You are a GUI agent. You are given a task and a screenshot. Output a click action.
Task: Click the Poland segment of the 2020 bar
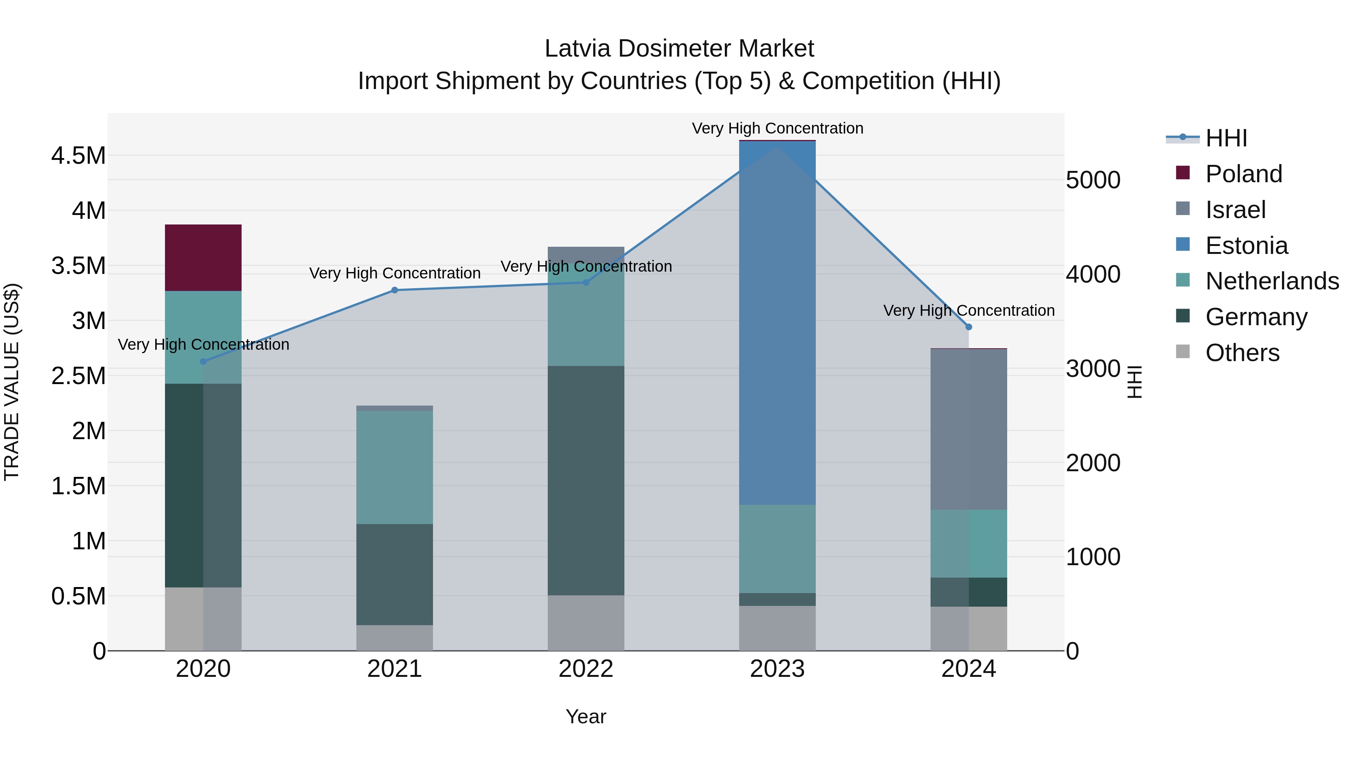click(203, 257)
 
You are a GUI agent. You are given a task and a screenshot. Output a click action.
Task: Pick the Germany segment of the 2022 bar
click(586, 480)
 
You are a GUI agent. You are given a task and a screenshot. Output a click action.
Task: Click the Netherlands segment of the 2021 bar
click(394, 467)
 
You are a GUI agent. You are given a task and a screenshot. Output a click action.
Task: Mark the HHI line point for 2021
click(394, 290)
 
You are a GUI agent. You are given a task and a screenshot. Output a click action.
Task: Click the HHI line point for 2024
click(969, 327)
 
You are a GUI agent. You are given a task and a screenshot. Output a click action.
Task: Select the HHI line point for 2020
click(203, 362)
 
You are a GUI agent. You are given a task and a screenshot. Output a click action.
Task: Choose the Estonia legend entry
click(1246, 246)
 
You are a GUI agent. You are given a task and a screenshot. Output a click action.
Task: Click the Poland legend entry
click(1243, 174)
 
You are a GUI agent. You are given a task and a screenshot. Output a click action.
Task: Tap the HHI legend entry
click(1226, 138)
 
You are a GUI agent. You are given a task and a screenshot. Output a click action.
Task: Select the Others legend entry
click(1242, 353)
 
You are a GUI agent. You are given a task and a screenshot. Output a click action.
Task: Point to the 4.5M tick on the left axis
click(78, 156)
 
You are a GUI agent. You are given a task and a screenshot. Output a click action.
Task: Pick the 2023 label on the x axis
click(777, 669)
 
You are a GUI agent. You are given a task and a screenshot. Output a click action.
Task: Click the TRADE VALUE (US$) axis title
click(12, 382)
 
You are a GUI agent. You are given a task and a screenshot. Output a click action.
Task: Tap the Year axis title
click(586, 716)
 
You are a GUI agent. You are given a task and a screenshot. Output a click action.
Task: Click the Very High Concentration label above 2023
click(777, 128)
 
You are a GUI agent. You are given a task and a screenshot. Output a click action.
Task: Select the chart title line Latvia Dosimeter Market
click(679, 49)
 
